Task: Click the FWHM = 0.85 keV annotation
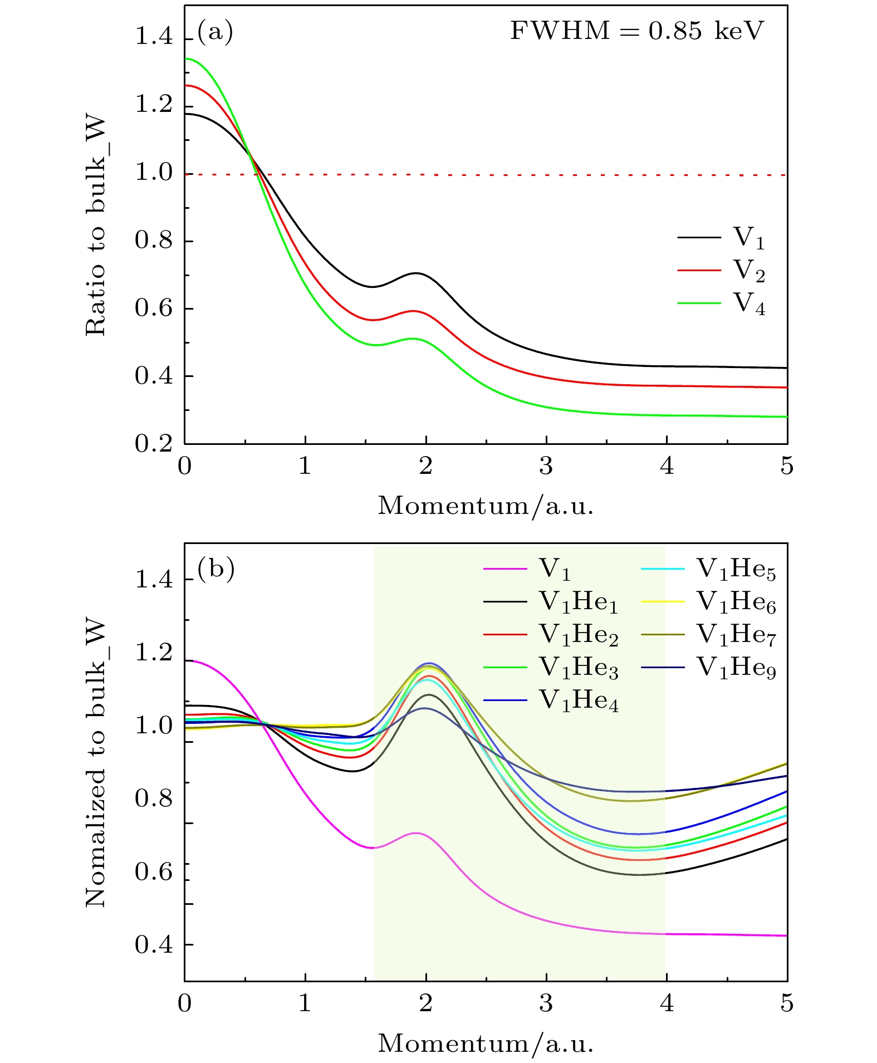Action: pyautogui.click(x=637, y=31)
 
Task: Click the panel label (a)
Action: pyautogui.click(x=215, y=31)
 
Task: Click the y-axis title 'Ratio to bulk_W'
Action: pyautogui.click(x=96, y=226)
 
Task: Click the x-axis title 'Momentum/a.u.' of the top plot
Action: pyautogui.click(x=486, y=506)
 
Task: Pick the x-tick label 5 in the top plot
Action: pyautogui.click(x=786, y=466)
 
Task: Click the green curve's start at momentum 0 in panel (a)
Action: pyautogui.click(x=185, y=58)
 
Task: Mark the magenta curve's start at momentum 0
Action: pyautogui.click(x=185, y=660)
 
